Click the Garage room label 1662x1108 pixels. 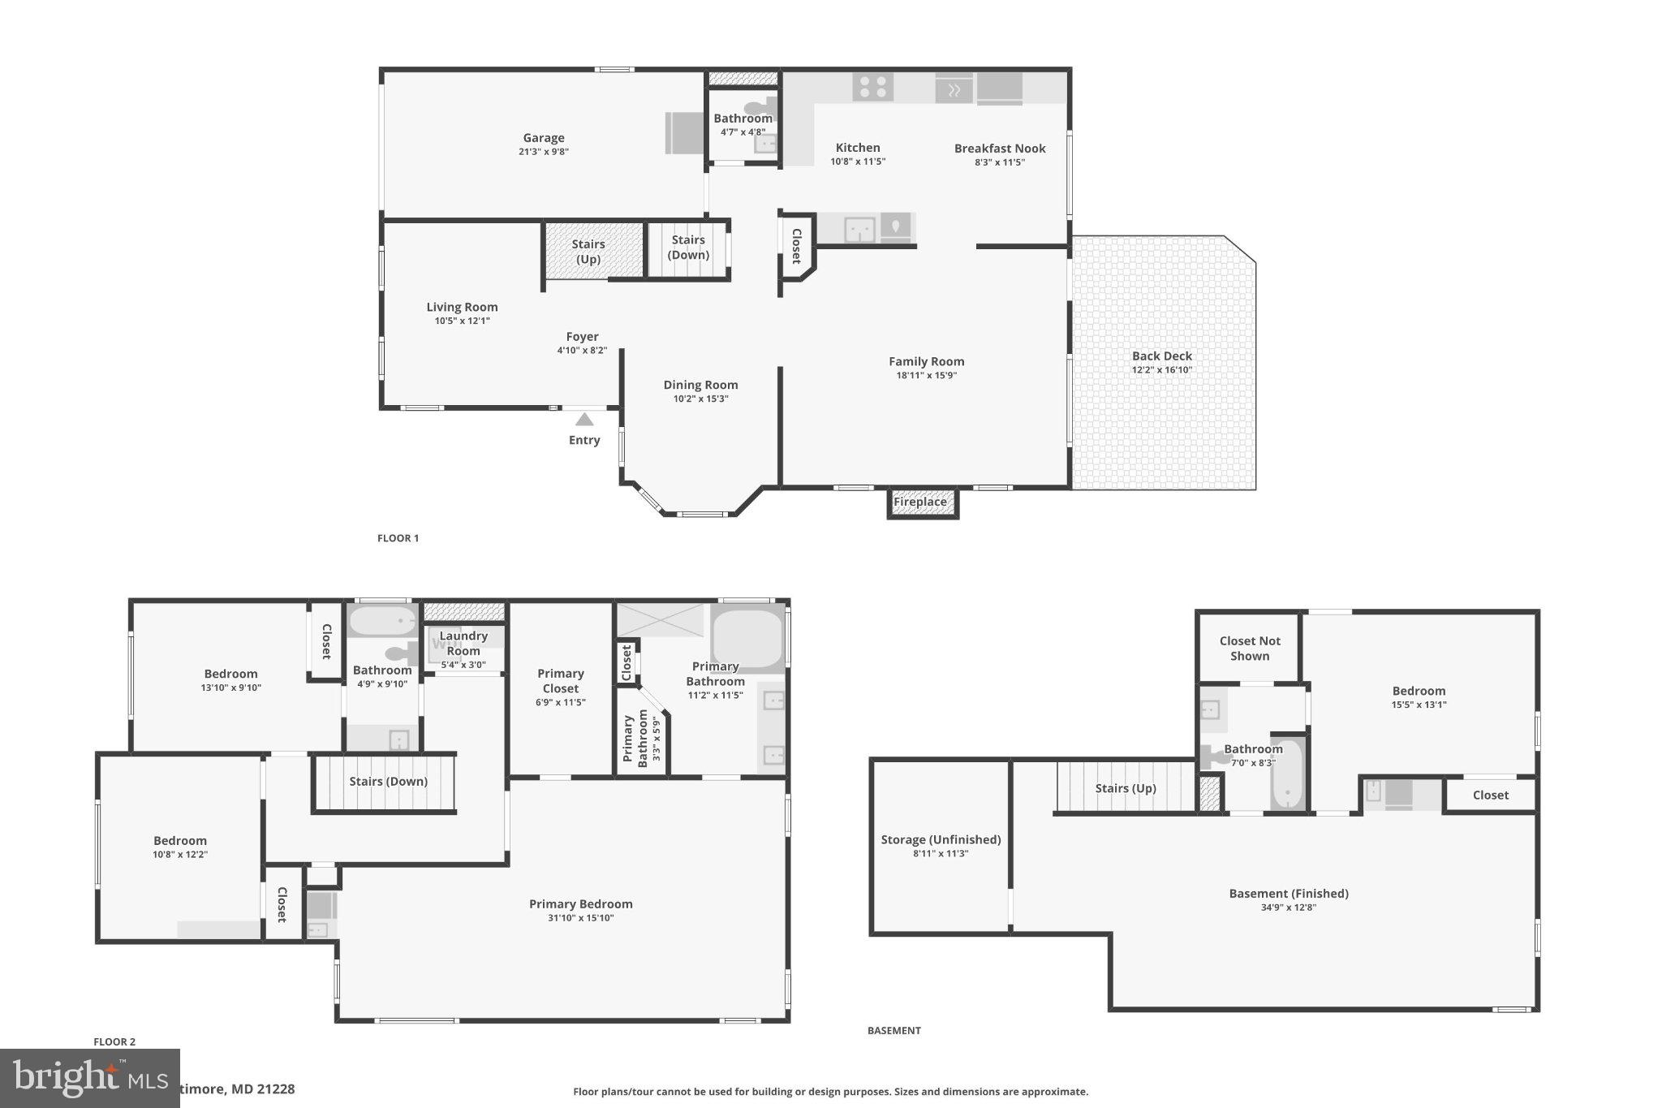click(543, 138)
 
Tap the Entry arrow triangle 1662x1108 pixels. click(584, 420)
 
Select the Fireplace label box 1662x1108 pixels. click(920, 502)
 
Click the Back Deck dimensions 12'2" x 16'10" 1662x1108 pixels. click(1161, 370)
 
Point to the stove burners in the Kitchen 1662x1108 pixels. click(872, 87)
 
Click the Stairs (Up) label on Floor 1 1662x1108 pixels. click(588, 252)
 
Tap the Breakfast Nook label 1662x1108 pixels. click(1000, 149)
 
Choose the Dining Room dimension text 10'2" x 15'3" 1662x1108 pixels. click(700, 399)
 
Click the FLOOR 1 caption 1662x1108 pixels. click(398, 538)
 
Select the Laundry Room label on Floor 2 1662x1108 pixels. click(463, 643)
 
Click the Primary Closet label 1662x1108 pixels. click(560, 680)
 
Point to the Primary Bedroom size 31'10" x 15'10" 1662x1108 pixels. click(580, 918)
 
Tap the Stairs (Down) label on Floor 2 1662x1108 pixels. click(388, 781)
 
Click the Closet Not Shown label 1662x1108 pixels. click(1249, 648)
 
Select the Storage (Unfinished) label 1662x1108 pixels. click(941, 839)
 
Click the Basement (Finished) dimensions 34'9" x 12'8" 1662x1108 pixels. click(1288, 908)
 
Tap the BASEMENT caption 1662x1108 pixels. click(893, 1030)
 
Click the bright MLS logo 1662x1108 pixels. click(89, 1078)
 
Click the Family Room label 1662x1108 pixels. click(926, 362)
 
